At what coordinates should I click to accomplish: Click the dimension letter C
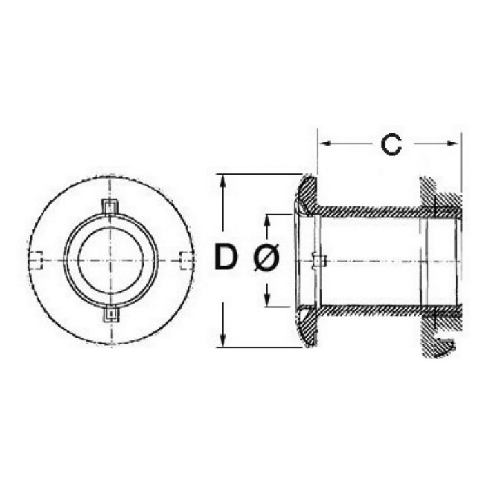pyautogui.click(x=391, y=145)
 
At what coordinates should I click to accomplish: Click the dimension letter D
pyautogui.click(x=226, y=256)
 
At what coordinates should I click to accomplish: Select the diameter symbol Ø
pyautogui.click(x=266, y=256)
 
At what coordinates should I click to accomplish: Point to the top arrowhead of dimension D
pyautogui.click(x=222, y=180)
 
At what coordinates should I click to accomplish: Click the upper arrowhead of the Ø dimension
pyautogui.click(x=267, y=220)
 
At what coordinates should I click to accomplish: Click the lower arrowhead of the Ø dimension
pyautogui.click(x=267, y=300)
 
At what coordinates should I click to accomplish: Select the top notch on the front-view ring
pyautogui.click(x=110, y=206)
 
